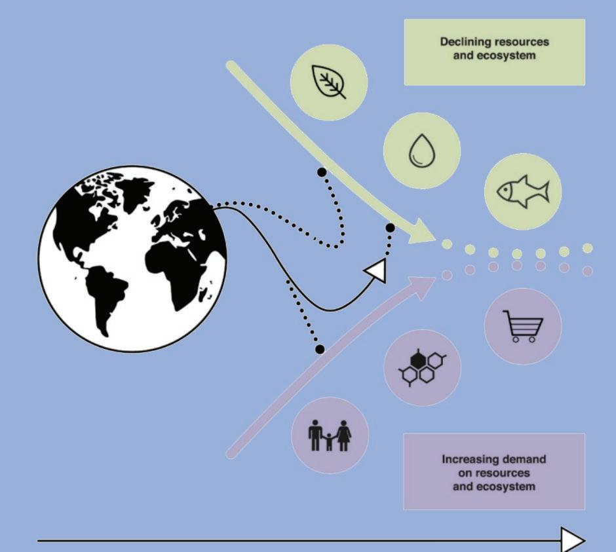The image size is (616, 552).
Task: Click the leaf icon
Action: [x=328, y=83]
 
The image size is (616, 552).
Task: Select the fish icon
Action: [x=522, y=192]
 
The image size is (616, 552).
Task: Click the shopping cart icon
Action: [x=522, y=325]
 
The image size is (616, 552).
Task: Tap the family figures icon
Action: [x=330, y=434]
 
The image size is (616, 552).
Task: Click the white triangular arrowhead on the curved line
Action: [x=375, y=269]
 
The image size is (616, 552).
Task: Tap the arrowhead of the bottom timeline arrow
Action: [x=573, y=540]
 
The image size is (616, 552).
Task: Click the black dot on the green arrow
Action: [x=321, y=172]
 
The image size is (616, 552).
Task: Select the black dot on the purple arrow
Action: [x=320, y=350]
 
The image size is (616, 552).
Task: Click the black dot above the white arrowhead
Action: [x=390, y=228]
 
